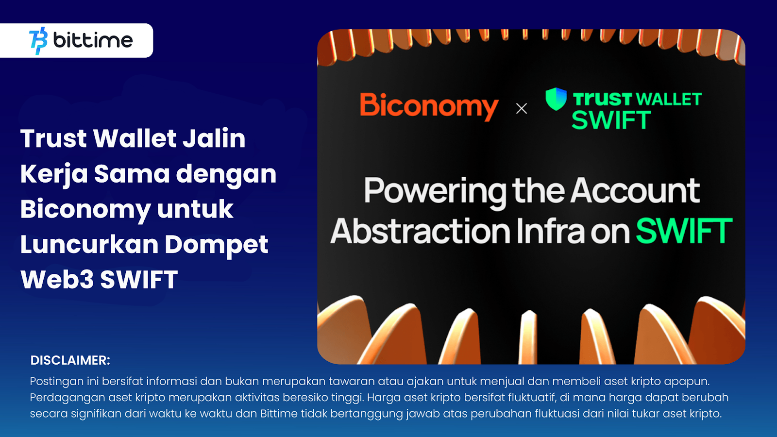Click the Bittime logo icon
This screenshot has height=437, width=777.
(38, 41)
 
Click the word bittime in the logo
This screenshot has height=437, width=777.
(93, 40)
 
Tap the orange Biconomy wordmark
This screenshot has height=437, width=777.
(429, 106)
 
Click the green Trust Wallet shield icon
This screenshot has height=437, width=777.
(556, 99)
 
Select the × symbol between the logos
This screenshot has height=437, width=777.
(522, 109)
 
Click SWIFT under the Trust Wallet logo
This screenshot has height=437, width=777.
(611, 120)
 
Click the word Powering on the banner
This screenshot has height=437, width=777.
(435, 192)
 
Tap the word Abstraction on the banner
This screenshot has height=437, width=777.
(421, 231)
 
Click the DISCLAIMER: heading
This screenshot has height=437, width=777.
(70, 360)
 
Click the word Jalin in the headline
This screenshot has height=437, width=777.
(214, 138)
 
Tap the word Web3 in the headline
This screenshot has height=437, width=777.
(57, 280)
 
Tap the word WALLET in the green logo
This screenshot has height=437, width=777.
(670, 99)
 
